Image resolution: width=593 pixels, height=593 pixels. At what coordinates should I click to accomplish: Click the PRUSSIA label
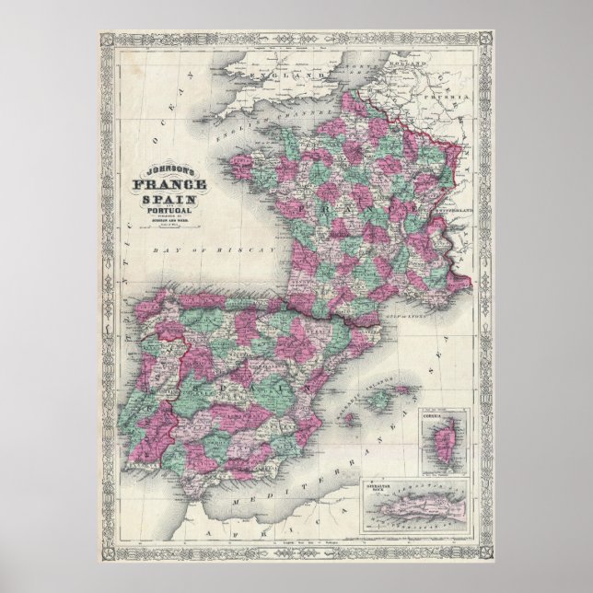451,95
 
